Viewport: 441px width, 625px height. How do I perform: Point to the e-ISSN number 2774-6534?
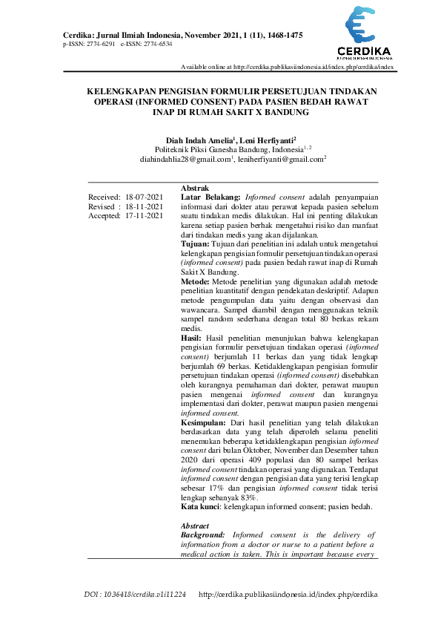pyautogui.click(x=157, y=45)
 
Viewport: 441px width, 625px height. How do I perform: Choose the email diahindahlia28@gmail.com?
pyautogui.click(x=185, y=159)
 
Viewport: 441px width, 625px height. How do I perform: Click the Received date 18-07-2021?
pyautogui.click(x=144, y=197)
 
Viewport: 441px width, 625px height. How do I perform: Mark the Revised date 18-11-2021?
pyautogui.click(x=144, y=206)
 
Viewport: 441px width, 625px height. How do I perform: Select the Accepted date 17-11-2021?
pyautogui.click(x=144, y=216)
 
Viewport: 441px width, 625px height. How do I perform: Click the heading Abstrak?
pyautogui.click(x=194, y=188)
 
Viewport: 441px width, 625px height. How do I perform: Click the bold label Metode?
pyautogui.click(x=196, y=282)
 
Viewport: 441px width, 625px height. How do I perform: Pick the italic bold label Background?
pyautogui.click(x=204, y=534)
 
